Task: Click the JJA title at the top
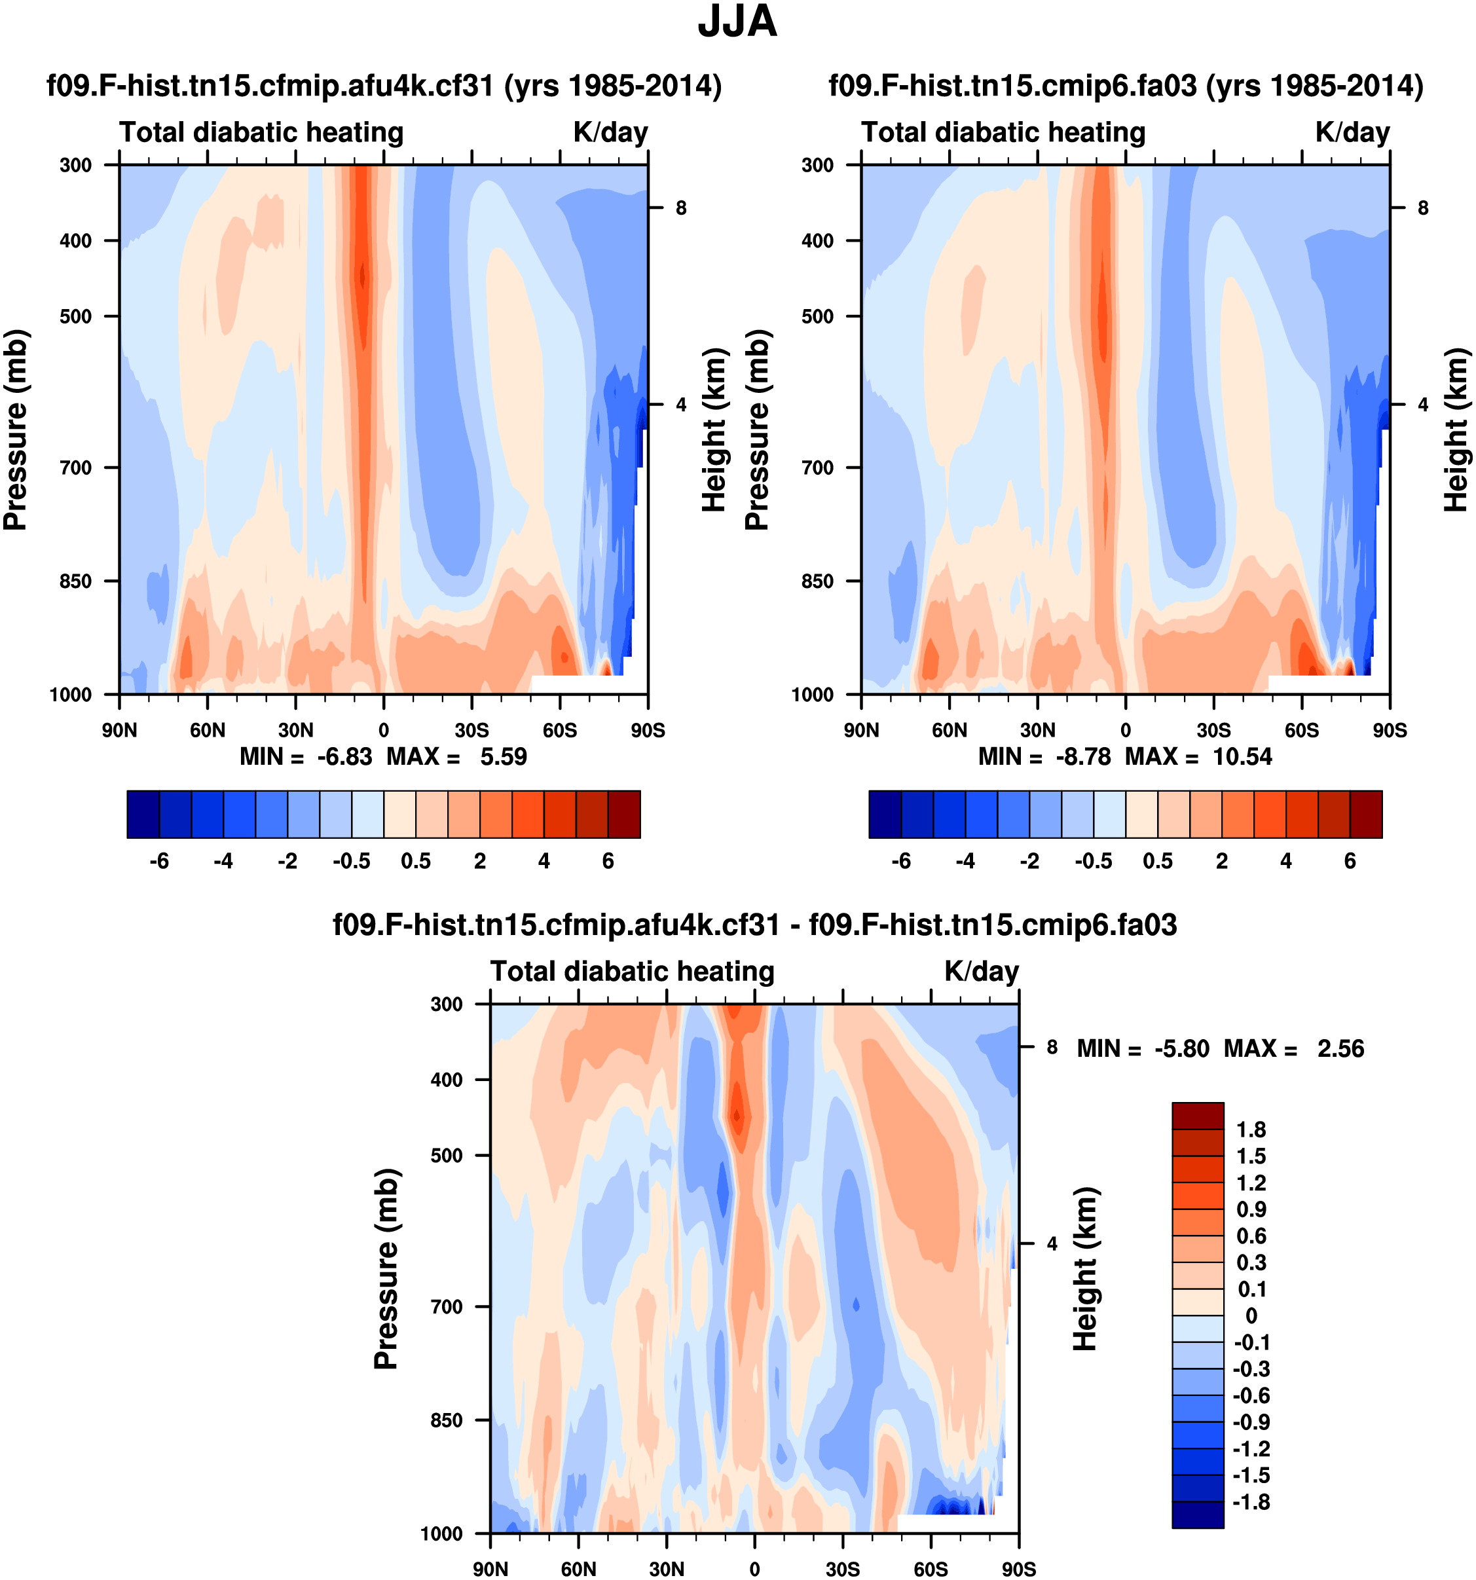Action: coord(737,22)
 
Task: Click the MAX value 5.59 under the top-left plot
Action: coord(503,757)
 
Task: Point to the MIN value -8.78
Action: coord(1082,757)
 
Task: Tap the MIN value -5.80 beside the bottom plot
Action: coord(1182,1049)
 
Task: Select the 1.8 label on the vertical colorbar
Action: coord(1251,1130)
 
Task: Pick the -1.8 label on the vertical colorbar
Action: coord(1251,1502)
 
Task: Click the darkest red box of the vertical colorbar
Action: coord(1198,1116)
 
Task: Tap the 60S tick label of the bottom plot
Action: coord(930,1569)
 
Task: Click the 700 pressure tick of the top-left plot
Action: coord(77,468)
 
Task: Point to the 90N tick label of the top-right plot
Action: coord(862,730)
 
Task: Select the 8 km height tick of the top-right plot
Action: coord(1423,208)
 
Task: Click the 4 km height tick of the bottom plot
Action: coord(1052,1245)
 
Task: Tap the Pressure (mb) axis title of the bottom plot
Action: coord(386,1269)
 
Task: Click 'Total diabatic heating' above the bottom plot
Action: coord(632,971)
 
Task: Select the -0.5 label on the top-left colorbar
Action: coord(351,862)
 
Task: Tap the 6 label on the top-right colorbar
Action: coord(1350,862)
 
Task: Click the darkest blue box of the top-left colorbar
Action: coord(143,815)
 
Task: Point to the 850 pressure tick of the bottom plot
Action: coord(447,1420)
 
